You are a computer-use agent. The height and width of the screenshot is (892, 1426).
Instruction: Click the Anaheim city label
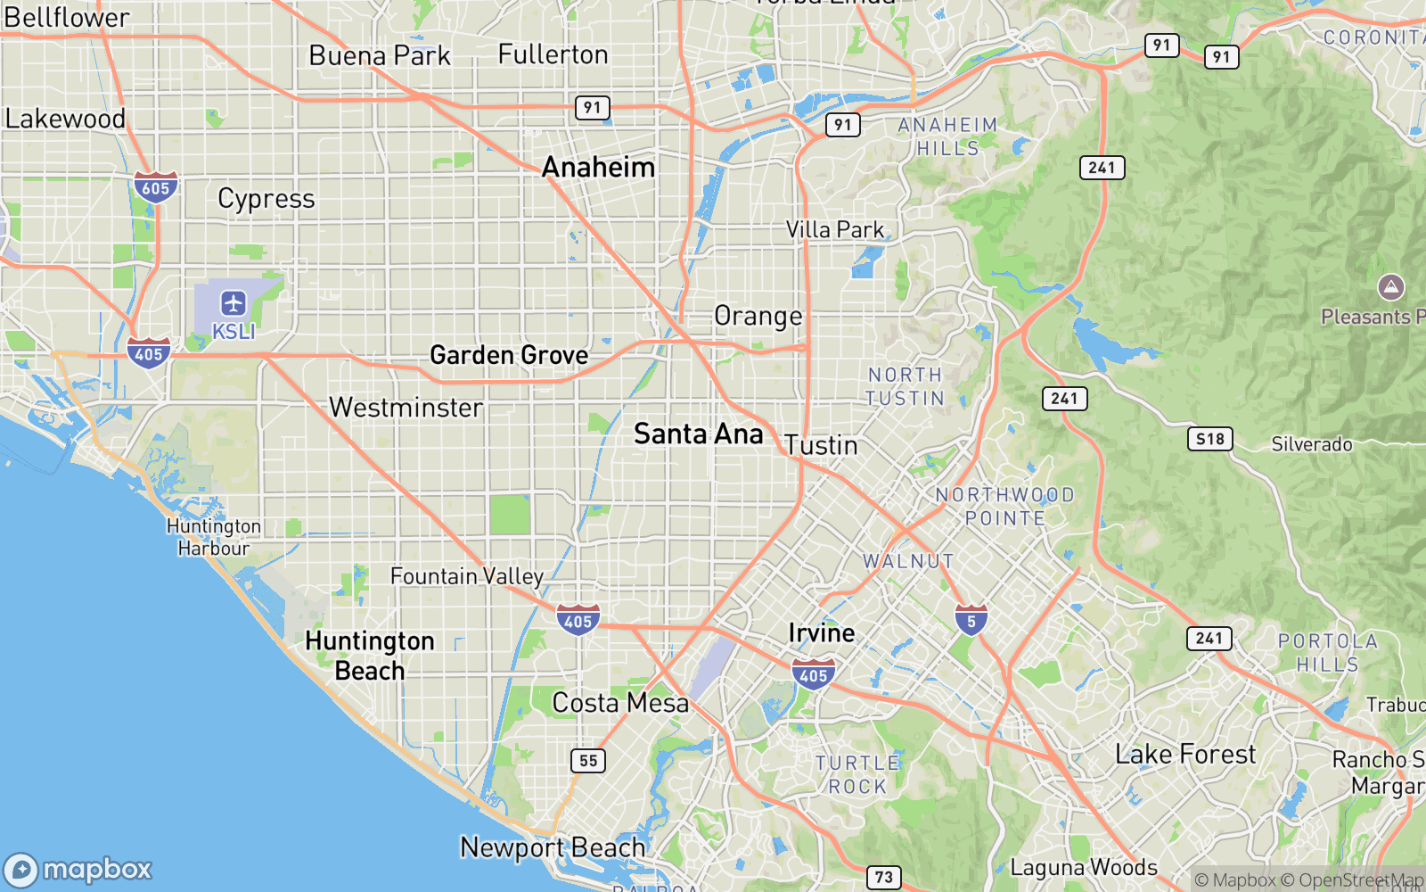click(598, 167)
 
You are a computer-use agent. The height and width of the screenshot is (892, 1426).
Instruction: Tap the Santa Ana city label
click(698, 434)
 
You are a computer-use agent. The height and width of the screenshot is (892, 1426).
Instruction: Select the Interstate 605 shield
click(155, 187)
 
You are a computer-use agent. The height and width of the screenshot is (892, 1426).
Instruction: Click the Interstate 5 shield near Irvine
click(971, 620)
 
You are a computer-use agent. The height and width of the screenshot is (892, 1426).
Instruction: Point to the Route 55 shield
click(588, 760)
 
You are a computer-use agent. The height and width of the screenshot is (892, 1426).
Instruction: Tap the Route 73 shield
click(883, 877)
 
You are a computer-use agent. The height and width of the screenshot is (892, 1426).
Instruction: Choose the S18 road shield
click(1209, 439)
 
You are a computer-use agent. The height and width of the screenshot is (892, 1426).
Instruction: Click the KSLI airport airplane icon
click(234, 303)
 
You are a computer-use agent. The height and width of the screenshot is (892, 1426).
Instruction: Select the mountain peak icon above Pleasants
click(1390, 287)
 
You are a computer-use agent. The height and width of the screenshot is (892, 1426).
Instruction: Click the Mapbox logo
click(78, 869)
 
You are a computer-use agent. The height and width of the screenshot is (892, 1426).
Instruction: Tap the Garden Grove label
click(509, 355)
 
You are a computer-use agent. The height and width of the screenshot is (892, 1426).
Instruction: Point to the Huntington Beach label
click(370, 656)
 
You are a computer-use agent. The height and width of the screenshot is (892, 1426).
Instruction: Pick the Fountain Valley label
click(466, 576)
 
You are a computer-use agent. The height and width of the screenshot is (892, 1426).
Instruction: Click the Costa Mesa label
click(620, 703)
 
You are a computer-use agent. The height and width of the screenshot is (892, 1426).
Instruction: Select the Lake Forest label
click(1184, 755)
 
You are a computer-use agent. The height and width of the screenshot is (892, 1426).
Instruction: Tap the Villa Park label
click(835, 230)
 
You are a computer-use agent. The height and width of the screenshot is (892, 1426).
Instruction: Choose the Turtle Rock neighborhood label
click(857, 774)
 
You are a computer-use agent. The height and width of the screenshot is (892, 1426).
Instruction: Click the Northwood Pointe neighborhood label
click(1004, 506)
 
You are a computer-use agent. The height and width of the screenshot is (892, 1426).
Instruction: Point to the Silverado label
click(1311, 444)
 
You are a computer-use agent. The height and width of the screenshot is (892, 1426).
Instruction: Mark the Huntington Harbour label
click(214, 537)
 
